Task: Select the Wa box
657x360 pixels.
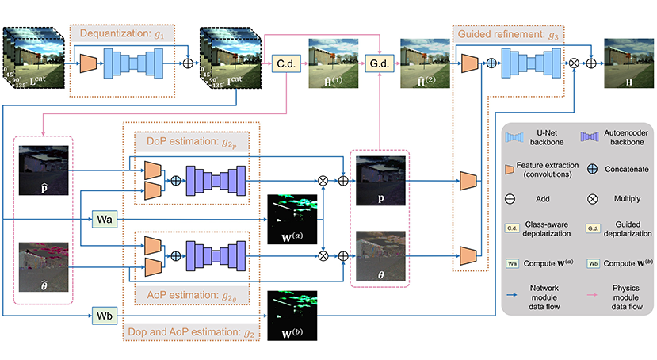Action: (x=105, y=217)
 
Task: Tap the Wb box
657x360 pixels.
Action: (x=105, y=317)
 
